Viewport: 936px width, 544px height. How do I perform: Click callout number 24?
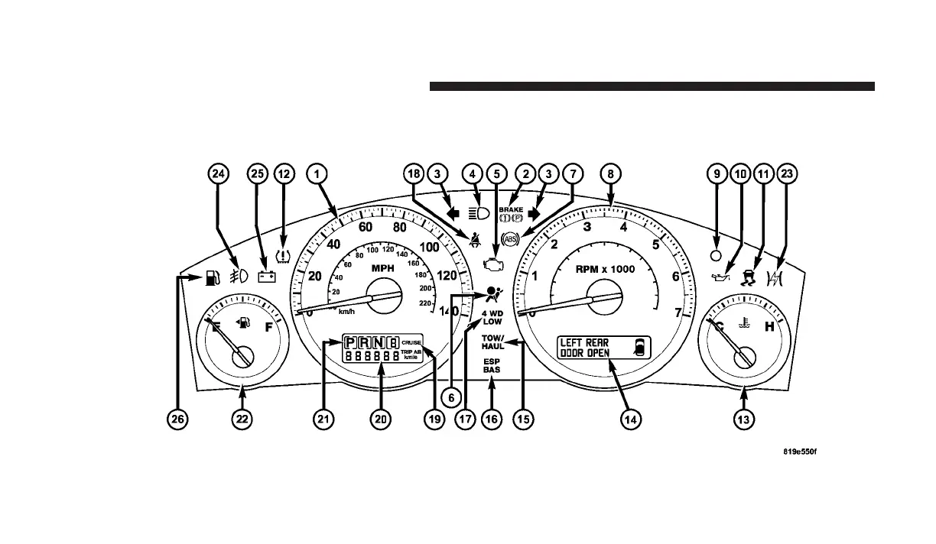(x=219, y=175)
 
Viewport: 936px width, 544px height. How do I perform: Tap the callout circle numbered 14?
(x=631, y=419)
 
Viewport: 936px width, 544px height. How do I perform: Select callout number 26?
(x=178, y=419)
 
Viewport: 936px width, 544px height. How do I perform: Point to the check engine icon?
(x=495, y=264)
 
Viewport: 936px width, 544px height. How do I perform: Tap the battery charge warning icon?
(x=267, y=277)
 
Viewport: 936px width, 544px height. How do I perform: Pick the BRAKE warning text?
(x=512, y=208)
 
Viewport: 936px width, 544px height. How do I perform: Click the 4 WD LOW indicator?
(x=492, y=317)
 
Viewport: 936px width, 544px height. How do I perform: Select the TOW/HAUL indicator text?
(x=492, y=342)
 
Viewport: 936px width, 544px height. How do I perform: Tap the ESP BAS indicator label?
(x=492, y=366)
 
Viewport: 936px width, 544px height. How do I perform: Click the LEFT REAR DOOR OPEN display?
(x=603, y=348)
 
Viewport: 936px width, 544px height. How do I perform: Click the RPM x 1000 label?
(x=606, y=269)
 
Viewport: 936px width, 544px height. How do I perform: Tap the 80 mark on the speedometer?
(x=399, y=227)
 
